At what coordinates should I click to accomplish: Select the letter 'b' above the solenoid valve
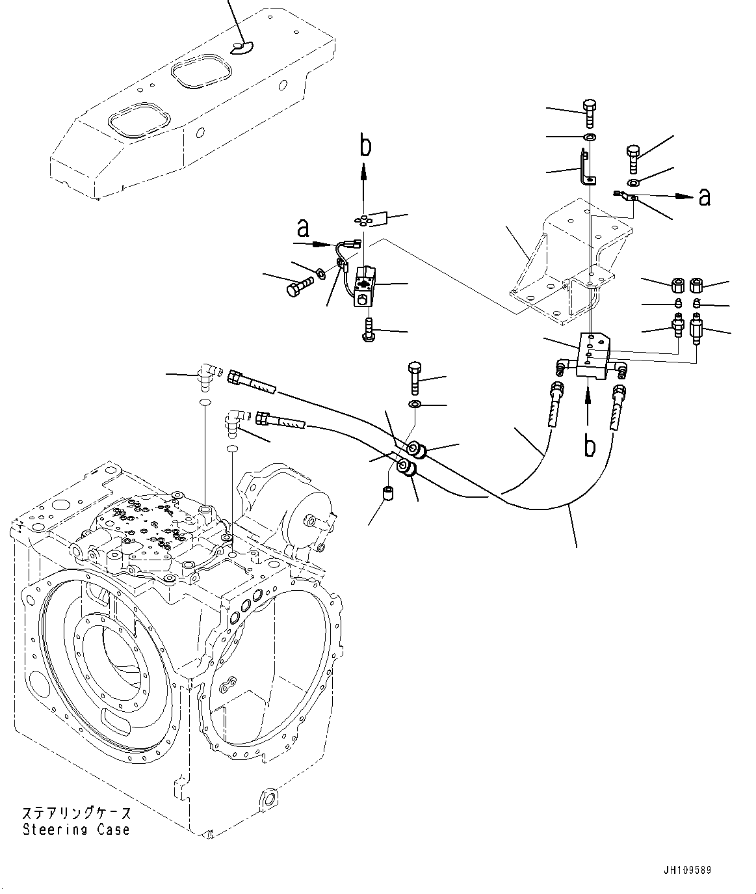tap(366, 146)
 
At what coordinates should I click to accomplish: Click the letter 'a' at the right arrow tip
tap(703, 196)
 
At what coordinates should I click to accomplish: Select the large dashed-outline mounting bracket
tap(566, 260)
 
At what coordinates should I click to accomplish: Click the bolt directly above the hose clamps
tap(415, 377)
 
